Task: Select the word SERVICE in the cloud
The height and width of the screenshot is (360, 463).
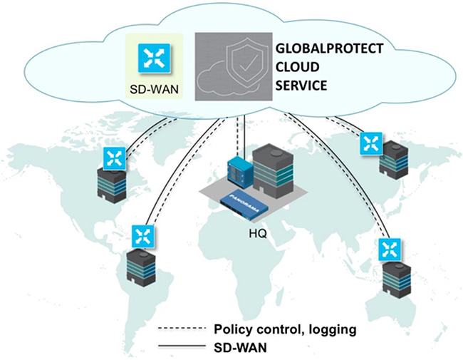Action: click(300, 84)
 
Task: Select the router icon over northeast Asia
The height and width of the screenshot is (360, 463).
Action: click(370, 143)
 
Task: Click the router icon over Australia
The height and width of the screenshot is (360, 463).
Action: click(388, 249)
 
